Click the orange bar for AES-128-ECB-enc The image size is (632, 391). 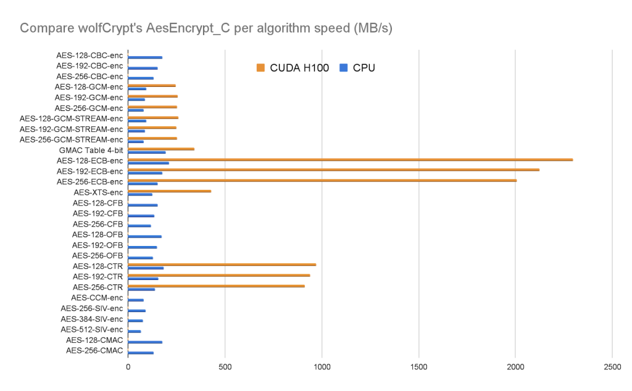tap(350, 160)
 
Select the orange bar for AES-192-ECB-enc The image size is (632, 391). tap(333, 170)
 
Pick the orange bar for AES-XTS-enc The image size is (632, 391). tap(169, 191)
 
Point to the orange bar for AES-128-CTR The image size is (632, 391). tap(222, 265)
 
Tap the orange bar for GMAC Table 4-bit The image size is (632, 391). tap(161, 149)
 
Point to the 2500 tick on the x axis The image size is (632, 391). tap(612, 369)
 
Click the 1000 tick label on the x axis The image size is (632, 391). tap(322, 369)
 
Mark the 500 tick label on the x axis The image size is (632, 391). tap(225, 369)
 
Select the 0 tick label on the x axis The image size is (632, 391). tap(128, 369)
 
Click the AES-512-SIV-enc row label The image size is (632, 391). tap(91, 329)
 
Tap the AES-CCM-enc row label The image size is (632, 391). tap(97, 298)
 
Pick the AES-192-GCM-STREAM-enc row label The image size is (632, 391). tap(71, 129)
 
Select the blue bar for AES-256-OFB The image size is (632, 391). tap(140, 258)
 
